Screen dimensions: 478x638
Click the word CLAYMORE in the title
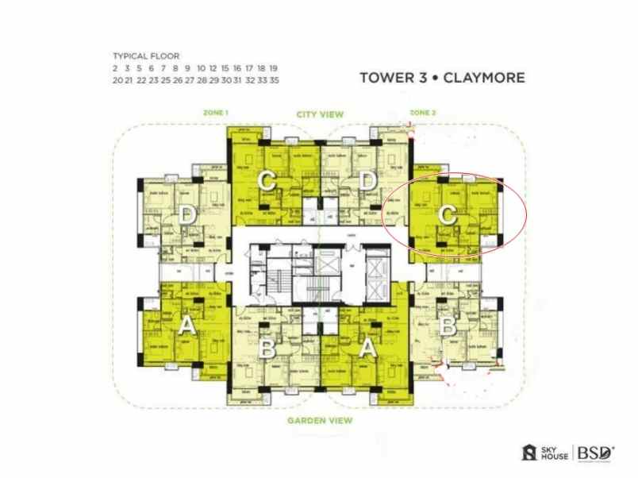pyautogui.click(x=486, y=79)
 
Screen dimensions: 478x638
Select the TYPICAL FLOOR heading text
pyautogui.click(x=146, y=56)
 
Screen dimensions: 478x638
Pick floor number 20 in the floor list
pyautogui.click(x=117, y=80)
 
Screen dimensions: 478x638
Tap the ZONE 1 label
pyautogui.click(x=216, y=114)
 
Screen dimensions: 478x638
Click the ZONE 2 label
pyautogui.click(x=422, y=114)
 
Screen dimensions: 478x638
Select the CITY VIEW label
pyautogui.click(x=319, y=114)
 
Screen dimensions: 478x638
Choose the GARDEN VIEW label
pyautogui.click(x=319, y=420)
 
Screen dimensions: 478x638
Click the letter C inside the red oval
pyautogui.click(x=448, y=214)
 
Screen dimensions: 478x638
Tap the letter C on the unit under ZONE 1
pyautogui.click(x=267, y=182)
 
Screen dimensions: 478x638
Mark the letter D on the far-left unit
pyautogui.click(x=186, y=214)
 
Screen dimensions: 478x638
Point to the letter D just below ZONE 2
pyautogui.click(x=367, y=182)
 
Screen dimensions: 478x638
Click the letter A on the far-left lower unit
pyautogui.click(x=186, y=325)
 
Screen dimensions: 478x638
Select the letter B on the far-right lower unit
pyautogui.click(x=448, y=325)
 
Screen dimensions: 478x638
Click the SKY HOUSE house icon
pyautogui.click(x=528, y=453)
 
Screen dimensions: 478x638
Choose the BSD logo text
pyautogui.click(x=595, y=453)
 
